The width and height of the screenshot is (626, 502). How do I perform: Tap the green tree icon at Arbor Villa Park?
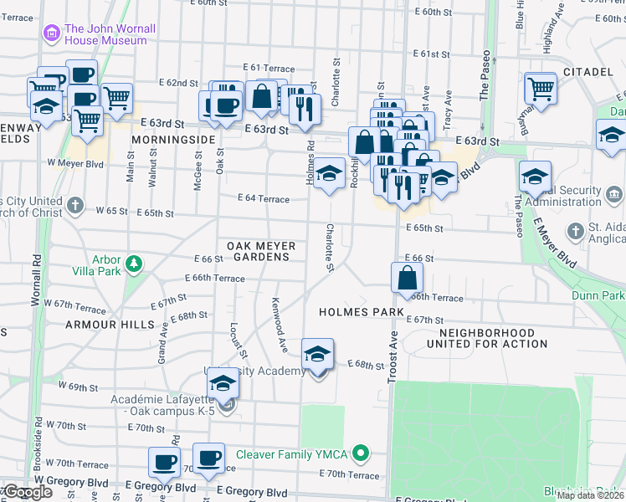133,266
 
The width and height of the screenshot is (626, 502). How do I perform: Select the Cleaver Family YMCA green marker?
361,454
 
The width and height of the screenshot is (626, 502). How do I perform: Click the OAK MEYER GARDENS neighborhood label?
259,251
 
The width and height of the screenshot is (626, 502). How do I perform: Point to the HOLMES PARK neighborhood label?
361,312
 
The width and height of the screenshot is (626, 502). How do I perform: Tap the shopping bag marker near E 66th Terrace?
407,277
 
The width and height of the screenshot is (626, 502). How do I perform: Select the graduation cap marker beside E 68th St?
317,356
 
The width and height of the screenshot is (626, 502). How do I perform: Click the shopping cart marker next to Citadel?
541,88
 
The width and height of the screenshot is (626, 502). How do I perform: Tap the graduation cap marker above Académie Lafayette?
223,384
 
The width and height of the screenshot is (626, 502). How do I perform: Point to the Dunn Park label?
598,295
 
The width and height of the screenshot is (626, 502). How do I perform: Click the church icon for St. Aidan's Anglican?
575,230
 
